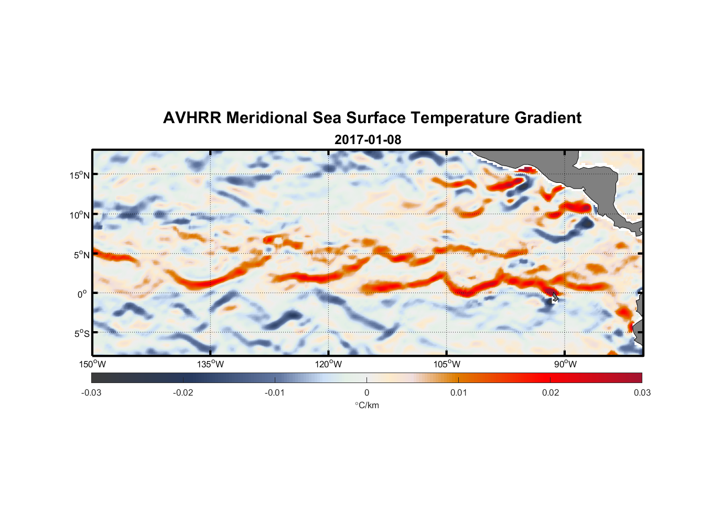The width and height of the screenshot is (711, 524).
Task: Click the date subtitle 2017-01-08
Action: pyautogui.click(x=368, y=140)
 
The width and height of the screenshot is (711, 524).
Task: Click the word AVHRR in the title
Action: pyautogui.click(x=192, y=118)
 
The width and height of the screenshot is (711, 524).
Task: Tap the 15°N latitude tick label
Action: pyautogui.click(x=80, y=175)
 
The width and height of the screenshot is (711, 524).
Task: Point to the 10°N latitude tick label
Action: pyautogui.click(x=80, y=215)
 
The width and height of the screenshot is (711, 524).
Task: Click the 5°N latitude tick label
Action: pyautogui.click(x=82, y=255)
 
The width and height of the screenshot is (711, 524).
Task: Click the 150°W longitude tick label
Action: pyautogui.click(x=92, y=364)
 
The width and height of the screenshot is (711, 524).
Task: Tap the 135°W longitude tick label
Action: pyautogui.click(x=211, y=364)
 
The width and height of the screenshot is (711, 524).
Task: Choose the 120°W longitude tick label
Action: pyautogui.click(x=329, y=364)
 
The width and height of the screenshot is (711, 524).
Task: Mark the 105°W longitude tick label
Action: pyautogui.click(x=447, y=364)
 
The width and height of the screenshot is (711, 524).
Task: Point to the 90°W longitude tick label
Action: pyautogui.click(x=565, y=364)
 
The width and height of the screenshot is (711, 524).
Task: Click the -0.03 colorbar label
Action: pyautogui.click(x=91, y=392)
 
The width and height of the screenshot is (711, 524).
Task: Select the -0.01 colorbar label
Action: pyautogui.click(x=275, y=392)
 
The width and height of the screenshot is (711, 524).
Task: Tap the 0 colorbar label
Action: pyautogui.click(x=367, y=392)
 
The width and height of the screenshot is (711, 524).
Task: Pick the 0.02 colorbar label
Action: pyautogui.click(x=551, y=392)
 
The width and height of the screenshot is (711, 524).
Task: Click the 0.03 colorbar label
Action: pyautogui.click(x=642, y=392)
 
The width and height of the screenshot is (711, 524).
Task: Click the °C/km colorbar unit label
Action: pyautogui.click(x=367, y=405)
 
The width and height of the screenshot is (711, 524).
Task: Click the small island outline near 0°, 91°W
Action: pyautogui.click(x=554, y=297)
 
